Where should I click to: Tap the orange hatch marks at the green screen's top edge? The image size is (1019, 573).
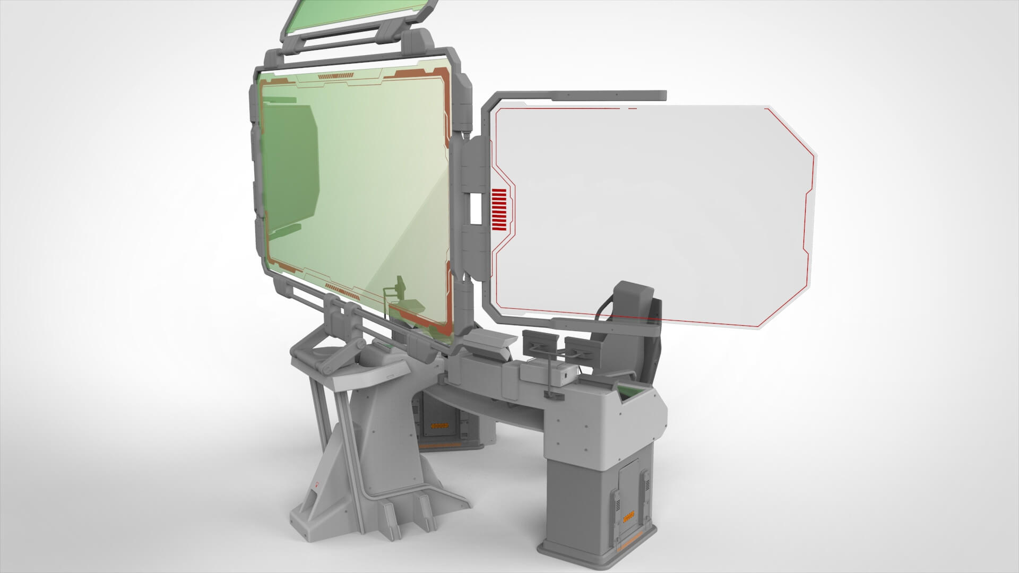[335, 79]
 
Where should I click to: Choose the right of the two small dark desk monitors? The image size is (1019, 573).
[581, 348]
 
